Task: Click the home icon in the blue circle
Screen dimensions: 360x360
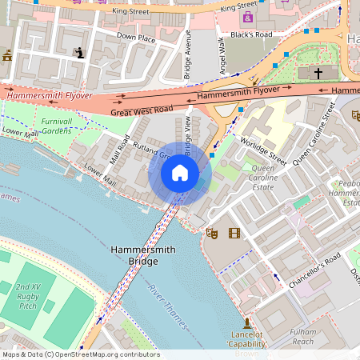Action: [180, 173]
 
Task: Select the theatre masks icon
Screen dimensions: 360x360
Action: [212, 233]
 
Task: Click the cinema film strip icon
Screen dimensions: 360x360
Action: [234, 233]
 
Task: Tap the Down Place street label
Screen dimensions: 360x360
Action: [135, 37]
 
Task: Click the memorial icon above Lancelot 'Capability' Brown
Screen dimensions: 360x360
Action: [247, 321]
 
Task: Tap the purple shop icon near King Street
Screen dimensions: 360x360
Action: [247, 17]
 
